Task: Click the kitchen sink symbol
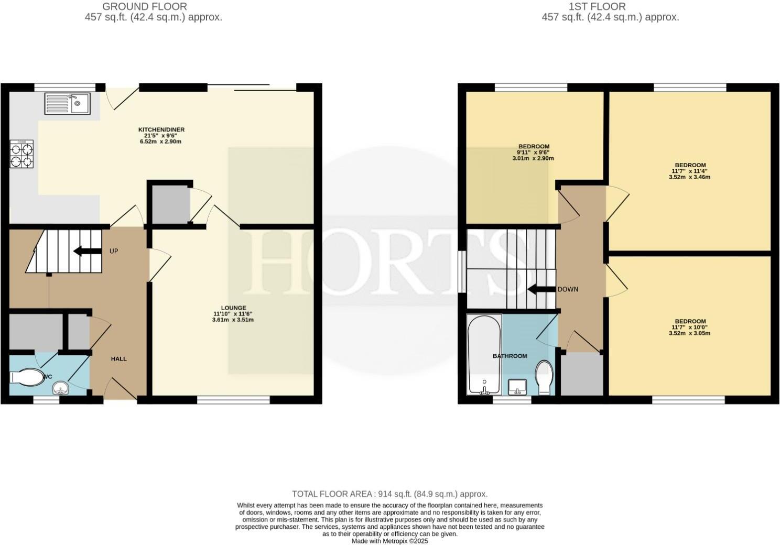pyautogui.click(x=68, y=103)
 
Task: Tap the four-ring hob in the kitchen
pyautogui.click(x=21, y=154)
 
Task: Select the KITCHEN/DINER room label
pyautogui.click(x=161, y=129)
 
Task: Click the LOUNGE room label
pyautogui.click(x=233, y=308)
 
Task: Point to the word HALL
pyautogui.click(x=118, y=359)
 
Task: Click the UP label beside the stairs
pyautogui.click(x=114, y=251)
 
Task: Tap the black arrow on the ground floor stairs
pyautogui.click(x=88, y=251)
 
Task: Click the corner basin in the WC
pyautogui.click(x=61, y=388)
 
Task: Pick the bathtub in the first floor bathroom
pyautogui.click(x=484, y=354)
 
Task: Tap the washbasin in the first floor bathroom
pyautogui.click(x=517, y=387)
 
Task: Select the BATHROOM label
pyautogui.click(x=510, y=356)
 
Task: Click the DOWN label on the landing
pyautogui.click(x=568, y=289)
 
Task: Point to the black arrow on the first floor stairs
pyautogui.click(x=541, y=289)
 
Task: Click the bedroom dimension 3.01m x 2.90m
pyautogui.click(x=533, y=158)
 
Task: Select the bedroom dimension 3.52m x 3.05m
pyautogui.click(x=689, y=333)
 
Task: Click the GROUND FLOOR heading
pyautogui.click(x=145, y=7)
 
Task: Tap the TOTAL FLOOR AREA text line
pyautogui.click(x=389, y=494)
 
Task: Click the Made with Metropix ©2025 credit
pyautogui.click(x=389, y=541)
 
